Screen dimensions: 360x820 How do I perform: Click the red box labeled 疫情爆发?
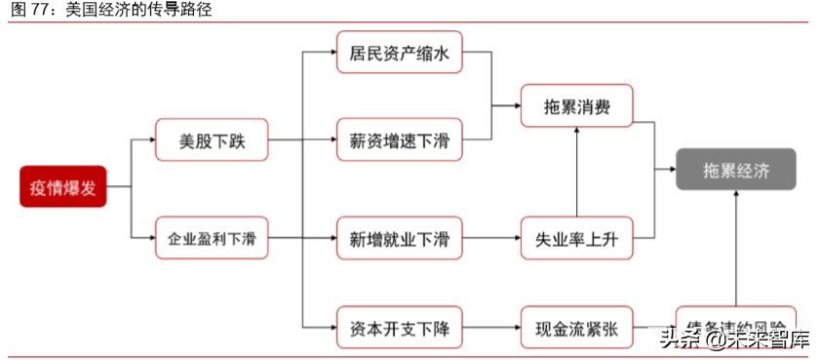(x=62, y=187)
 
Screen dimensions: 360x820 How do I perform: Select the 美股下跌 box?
(x=212, y=140)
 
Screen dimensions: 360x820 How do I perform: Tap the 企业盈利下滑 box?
(x=212, y=237)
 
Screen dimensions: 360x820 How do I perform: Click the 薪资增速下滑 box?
(x=399, y=140)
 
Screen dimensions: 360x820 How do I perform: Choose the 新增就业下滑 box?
(x=399, y=237)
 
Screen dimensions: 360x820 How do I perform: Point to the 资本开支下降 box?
(x=399, y=327)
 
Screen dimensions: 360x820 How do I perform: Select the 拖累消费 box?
(x=577, y=105)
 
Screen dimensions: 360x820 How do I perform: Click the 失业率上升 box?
(x=577, y=237)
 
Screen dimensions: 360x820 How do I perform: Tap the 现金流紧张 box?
(x=577, y=327)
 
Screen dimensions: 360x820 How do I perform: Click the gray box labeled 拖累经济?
(x=736, y=170)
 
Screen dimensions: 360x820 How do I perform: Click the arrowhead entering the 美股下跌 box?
(x=150, y=140)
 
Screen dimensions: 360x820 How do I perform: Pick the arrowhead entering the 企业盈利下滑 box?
(x=150, y=237)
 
